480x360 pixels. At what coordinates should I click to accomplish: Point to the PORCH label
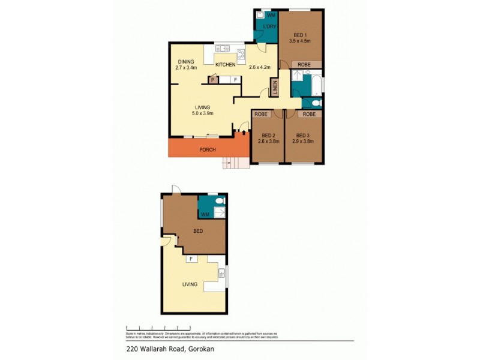pyautogui.click(x=207, y=149)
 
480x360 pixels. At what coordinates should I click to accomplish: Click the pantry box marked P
pyautogui.click(x=212, y=80)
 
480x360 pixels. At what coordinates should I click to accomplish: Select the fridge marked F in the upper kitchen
pyautogui.click(x=235, y=80)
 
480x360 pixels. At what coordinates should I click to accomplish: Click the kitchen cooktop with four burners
pyautogui.click(x=241, y=55)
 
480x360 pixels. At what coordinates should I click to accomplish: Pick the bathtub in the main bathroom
pyautogui.click(x=313, y=83)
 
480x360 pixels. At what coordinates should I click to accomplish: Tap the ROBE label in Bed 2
pyautogui.click(x=261, y=114)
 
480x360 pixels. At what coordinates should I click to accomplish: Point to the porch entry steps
pyautogui.click(x=235, y=162)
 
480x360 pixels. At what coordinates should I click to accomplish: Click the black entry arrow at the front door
pyautogui.click(x=243, y=132)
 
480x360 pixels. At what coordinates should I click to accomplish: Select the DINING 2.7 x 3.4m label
pyautogui.click(x=185, y=64)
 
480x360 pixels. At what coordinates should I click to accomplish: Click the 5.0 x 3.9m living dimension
pyautogui.click(x=202, y=113)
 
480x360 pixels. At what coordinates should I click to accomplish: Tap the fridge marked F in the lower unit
pyautogui.click(x=191, y=259)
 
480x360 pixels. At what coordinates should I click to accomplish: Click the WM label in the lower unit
pyautogui.click(x=205, y=214)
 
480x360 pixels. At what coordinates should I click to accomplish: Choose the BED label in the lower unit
pyautogui.click(x=197, y=231)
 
